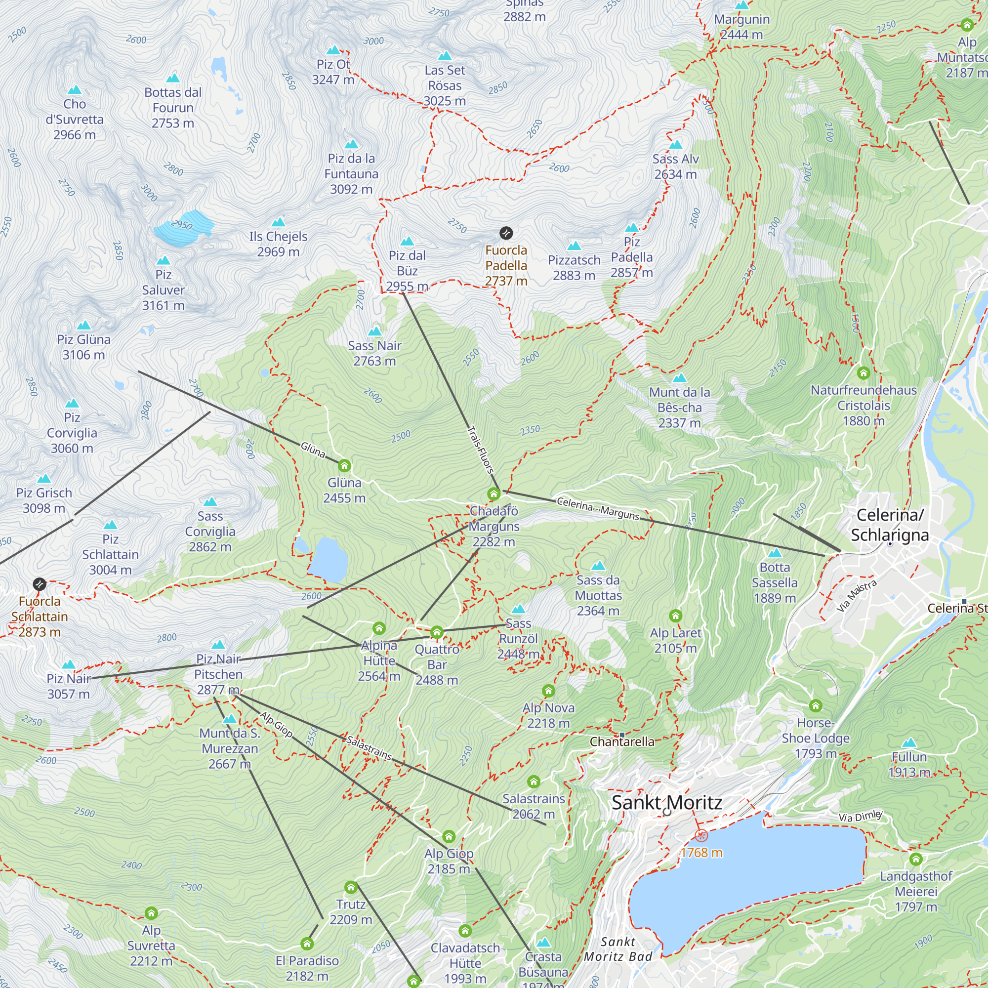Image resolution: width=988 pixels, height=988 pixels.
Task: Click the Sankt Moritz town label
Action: pyautogui.click(x=666, y=802)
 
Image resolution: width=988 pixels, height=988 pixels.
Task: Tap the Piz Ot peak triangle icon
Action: pyautogui.click(x=333, y=50)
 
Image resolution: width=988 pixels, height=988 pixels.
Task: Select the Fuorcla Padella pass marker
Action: pyautogui.click(x=506, y=233)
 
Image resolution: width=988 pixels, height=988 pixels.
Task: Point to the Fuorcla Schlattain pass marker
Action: pyautogui.click(x=40, y=584)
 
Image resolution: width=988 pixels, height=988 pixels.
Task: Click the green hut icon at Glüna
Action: pyautogui.click(x=344, y=466)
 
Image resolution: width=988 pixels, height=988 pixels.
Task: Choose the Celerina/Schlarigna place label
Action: pyautogui.click(x=890, y=525)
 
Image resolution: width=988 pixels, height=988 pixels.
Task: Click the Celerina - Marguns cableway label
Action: pyautogui.click(x=598, y=508)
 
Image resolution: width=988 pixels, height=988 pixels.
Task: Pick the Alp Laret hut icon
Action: pyautogui.click(x=675, y=616)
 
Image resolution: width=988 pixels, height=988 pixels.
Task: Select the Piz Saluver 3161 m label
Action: pyautogui.click(x=163, y=290)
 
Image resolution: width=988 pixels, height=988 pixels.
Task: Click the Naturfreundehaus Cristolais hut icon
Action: pyautogui.click(x=863, y=373)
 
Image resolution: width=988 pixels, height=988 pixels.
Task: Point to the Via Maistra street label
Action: pyautogui.click(x=857, y=596)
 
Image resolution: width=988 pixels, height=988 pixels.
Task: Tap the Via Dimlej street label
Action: pyautogui.click(x=860, y=816)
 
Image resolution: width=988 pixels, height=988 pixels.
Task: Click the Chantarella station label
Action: pyautogui.click(x=622, y=741)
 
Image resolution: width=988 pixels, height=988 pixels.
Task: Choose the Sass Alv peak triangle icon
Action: pyautogui.click(x=675, y=145)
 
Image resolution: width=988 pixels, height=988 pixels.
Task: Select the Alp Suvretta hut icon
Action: pyautogui.click(x=151, y=913)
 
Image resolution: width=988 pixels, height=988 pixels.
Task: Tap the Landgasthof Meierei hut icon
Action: pyautogui.click(x=916, y=859)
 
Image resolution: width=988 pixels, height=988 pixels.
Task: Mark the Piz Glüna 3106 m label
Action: pyautogui.click(x=83, y=347)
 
